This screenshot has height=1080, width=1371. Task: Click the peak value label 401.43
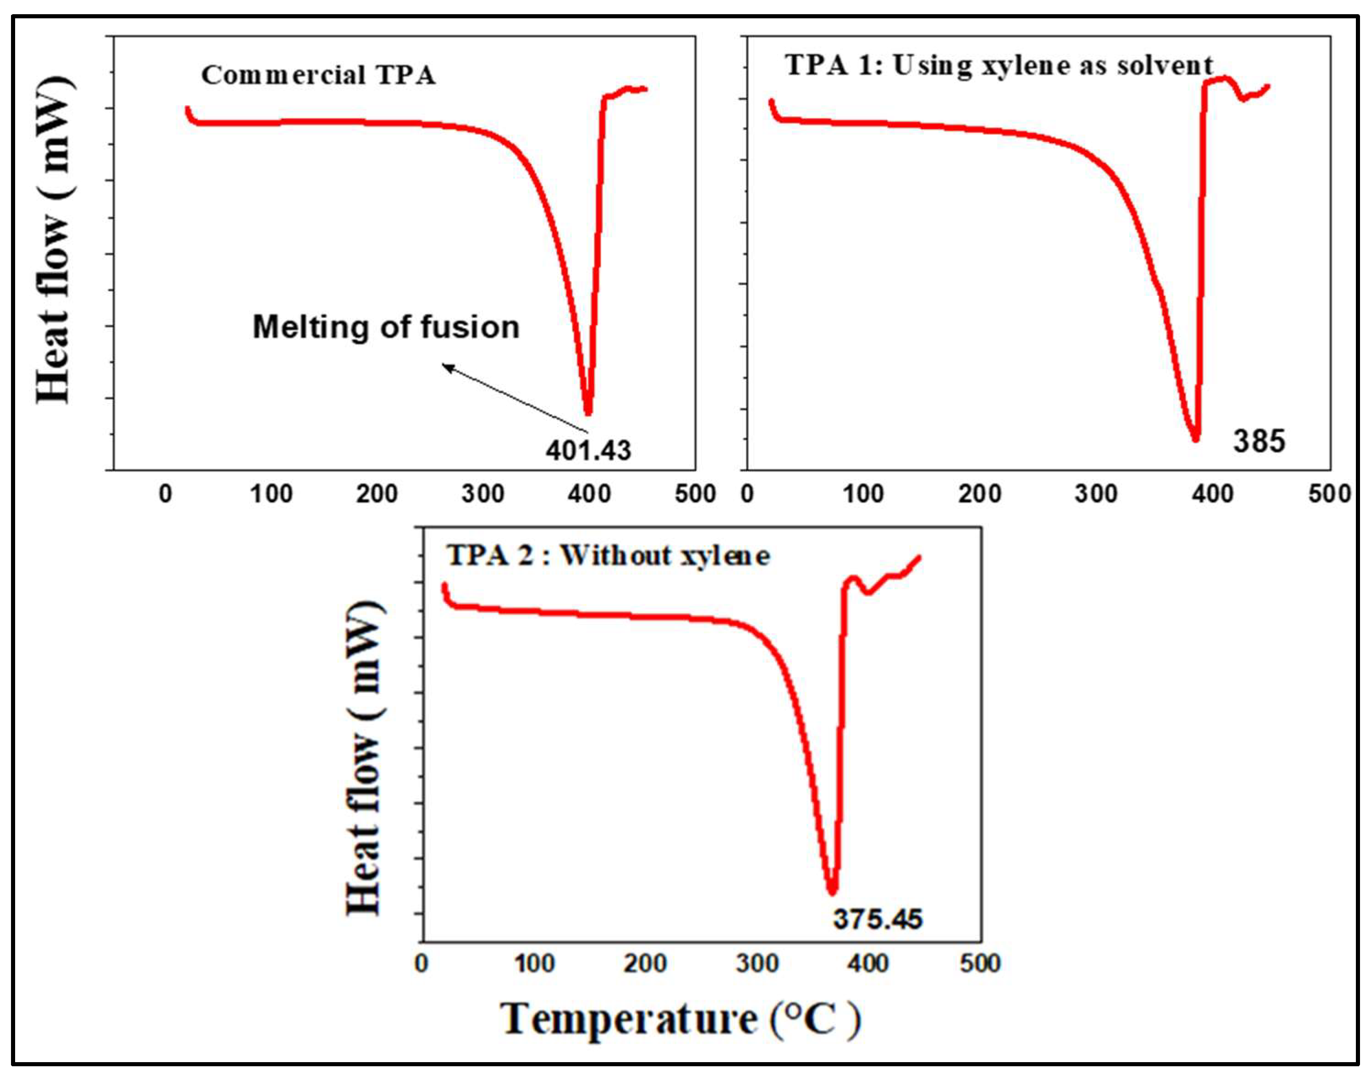[588, 450]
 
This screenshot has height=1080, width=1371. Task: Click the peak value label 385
[1258, 441]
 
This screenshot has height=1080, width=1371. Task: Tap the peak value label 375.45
[878, 919]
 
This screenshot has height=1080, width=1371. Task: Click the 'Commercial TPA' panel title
[318, 75]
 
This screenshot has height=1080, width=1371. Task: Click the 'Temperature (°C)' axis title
[680, 1020]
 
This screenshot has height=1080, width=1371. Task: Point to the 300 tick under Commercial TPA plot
[483, 493]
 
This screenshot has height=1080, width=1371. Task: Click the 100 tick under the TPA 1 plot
[863, 493]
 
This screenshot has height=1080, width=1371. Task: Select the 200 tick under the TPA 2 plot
[645, 963]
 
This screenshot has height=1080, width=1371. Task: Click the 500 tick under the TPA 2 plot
[980, 963]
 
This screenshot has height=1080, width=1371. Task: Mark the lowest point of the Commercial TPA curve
[588, 413]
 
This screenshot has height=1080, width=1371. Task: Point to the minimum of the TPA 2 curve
[832, 892]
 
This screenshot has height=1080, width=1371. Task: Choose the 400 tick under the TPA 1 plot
[1213, 493]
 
